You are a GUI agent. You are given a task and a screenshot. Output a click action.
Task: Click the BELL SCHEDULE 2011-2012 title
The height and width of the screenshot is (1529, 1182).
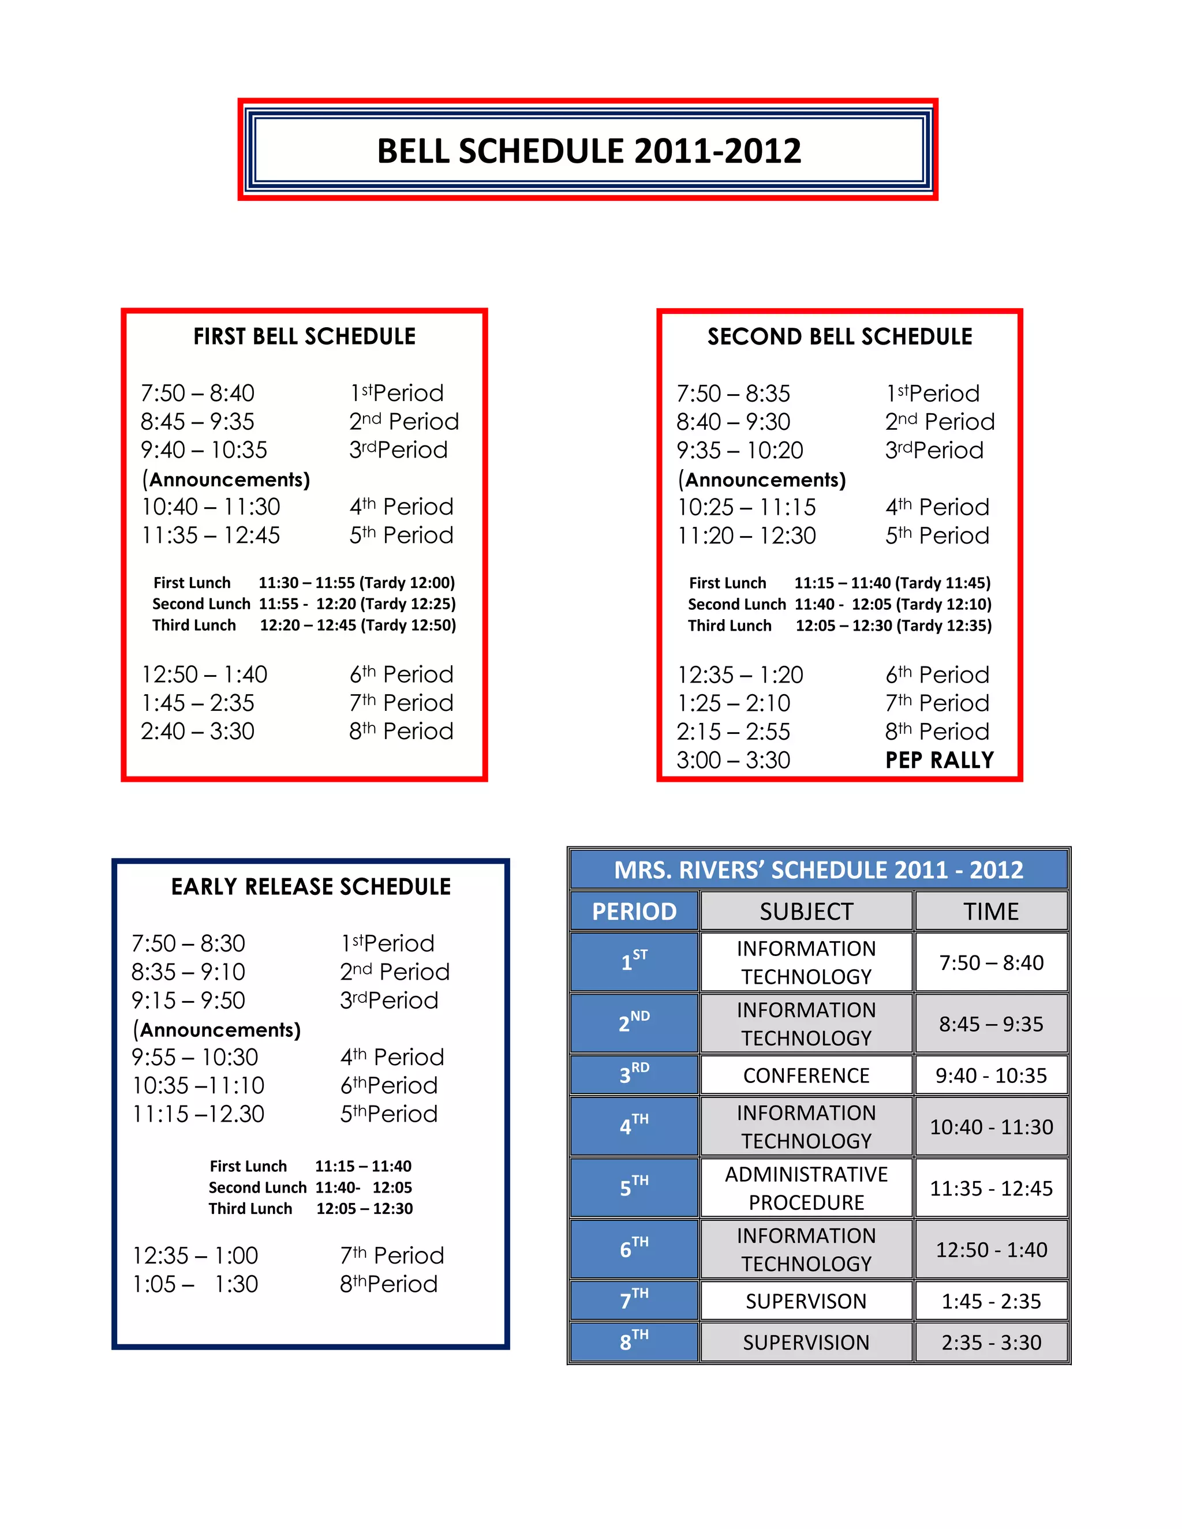[588, 151]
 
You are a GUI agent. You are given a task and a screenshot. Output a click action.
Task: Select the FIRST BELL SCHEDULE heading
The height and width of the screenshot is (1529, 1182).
[305, 337]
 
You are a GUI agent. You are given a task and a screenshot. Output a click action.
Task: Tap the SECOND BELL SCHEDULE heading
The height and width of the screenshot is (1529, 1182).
[840, 337]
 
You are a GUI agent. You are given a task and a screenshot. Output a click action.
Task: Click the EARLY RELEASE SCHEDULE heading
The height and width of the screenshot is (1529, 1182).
[311, 887]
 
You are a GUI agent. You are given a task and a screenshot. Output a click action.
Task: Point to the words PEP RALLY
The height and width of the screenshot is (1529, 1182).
[939, 760]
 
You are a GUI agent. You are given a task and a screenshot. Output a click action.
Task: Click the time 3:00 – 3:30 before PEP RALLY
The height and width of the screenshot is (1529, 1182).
[733, 760]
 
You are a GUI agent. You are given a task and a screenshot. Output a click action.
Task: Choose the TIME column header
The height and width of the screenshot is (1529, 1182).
[991, 912]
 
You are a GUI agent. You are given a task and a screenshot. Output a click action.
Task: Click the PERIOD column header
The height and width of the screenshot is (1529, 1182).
[634, 912]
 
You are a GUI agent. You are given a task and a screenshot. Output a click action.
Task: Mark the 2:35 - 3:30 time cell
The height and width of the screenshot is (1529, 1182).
[991, 1343]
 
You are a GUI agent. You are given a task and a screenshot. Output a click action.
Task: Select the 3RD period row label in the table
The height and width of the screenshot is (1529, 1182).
[634, 1075]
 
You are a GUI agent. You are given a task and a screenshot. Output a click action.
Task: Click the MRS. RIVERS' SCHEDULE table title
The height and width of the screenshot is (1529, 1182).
[818, 870]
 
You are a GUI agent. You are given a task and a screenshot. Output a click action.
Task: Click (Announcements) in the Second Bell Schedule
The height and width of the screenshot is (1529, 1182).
[762, 479]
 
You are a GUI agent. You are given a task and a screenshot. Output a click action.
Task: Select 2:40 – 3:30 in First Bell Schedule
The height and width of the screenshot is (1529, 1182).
[197, 732]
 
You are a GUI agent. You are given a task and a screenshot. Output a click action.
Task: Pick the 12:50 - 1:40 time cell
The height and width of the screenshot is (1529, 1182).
[991, 1250]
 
